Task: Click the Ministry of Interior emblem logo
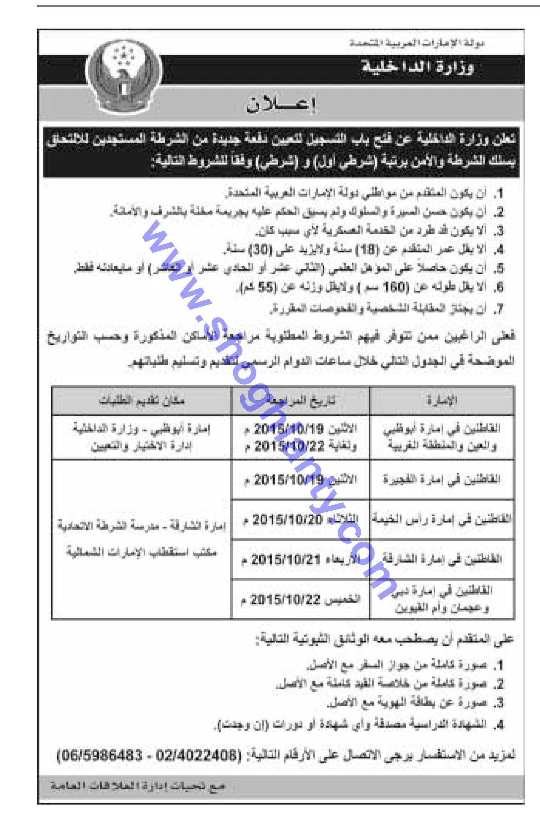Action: point(124,77)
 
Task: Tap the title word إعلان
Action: point(281,105)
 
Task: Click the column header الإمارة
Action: point(442,400)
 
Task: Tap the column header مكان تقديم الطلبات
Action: point(142,400)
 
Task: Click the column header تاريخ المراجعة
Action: point(301,400)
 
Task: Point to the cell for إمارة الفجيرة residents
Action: point(442,479)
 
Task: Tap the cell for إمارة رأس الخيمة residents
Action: point(442,520)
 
